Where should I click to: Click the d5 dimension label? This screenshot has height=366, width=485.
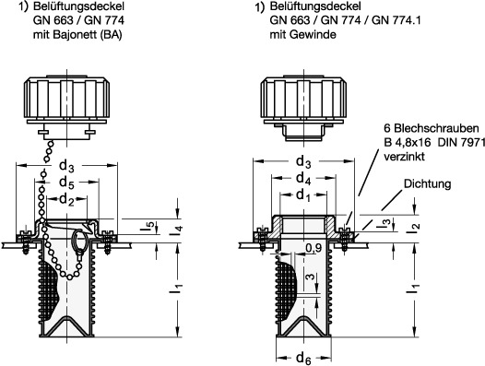click(66, 183)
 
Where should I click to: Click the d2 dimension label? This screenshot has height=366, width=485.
click(66, 199)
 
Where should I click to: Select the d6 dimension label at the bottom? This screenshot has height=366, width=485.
click(303, 359)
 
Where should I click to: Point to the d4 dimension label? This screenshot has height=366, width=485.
click(303, 178)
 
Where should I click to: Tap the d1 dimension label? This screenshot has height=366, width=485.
click(303, 195)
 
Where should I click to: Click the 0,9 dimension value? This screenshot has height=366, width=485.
click(313, 247)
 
